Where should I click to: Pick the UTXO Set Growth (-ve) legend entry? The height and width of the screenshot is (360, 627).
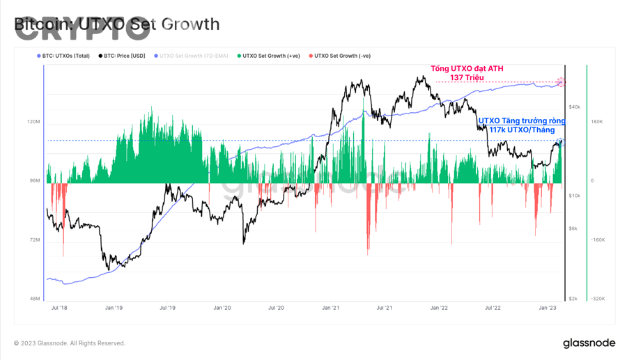[x=342, y=56]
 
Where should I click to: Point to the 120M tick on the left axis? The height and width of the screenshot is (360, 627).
[x=33, y=122]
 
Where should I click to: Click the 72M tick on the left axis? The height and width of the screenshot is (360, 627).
[x=33, y=240]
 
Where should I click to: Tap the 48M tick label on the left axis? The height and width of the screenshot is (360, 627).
[x=33, y=299]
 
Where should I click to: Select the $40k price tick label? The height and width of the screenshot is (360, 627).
[x=575, y=107]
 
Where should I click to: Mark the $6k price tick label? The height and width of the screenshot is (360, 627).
[x=573, y=228]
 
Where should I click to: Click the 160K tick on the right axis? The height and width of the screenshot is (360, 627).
[x=597, y=122]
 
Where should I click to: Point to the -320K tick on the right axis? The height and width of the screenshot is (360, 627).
[x=598, y=299]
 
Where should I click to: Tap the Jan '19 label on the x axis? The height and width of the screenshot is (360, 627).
[x=114, y=307]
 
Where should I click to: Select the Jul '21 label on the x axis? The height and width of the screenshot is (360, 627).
[x=384, y=307]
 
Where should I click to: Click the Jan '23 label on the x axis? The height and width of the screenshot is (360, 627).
[x=548, y=307]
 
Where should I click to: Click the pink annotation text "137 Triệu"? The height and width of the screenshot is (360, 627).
[x=467, y=78]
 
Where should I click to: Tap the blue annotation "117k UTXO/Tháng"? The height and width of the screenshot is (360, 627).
[x=522, y=130]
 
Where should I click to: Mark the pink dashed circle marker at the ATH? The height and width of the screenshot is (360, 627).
[x=561, y=83]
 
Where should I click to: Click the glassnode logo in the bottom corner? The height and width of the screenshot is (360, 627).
[x=589, y=343]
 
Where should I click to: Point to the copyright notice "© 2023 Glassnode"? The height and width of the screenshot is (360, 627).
[x=70, y=343]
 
